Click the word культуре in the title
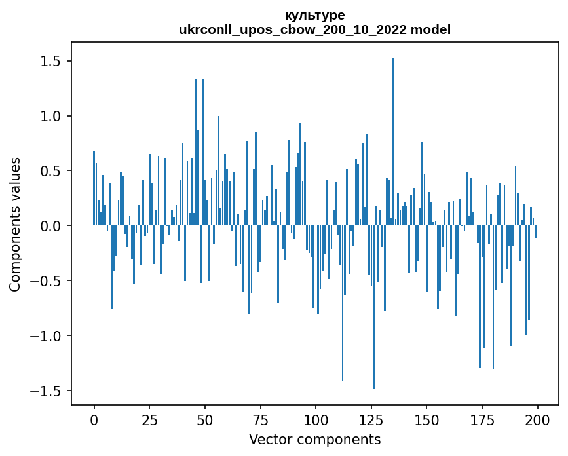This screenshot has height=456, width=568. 314,15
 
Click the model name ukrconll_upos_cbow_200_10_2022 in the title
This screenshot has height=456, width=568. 293,29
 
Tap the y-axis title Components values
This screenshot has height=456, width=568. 15,224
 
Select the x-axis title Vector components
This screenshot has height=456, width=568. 314,439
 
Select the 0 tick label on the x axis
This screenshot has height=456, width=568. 94,419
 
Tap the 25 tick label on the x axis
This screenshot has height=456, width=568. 149,419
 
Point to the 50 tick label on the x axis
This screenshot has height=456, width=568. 204,419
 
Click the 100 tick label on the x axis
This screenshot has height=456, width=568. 315,419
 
